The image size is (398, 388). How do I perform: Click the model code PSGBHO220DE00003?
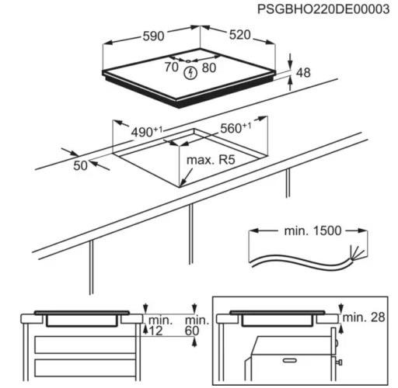coord(323,9)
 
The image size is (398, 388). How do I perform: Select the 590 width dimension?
coord(153,36)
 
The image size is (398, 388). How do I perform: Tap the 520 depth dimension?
coord(239,35)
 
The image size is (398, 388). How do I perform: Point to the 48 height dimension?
coord(303,73)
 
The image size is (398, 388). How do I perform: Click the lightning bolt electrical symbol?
coord(190,73)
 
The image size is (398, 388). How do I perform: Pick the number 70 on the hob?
coord(172,67)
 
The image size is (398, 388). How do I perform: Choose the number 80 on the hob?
coord(209,68)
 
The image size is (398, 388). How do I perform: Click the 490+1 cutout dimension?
coord(147,132)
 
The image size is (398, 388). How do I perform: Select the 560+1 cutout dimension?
coord(236,127)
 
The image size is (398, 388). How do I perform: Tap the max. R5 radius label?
coord(211,160)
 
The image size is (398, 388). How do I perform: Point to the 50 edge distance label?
coord(80,165)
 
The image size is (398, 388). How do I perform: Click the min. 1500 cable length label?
coord(312,230)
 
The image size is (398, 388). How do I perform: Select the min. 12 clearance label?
coord(159,326)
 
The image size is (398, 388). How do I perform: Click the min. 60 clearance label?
coord(196,326)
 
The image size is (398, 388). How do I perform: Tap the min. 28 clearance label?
coord(364,317)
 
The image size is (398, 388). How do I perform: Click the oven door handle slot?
coord(292,360)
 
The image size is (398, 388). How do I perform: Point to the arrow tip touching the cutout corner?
coord(181,185)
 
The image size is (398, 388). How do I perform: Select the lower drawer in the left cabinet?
coord(85,368)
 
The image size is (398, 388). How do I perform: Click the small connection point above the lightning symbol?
coord(188,61)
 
